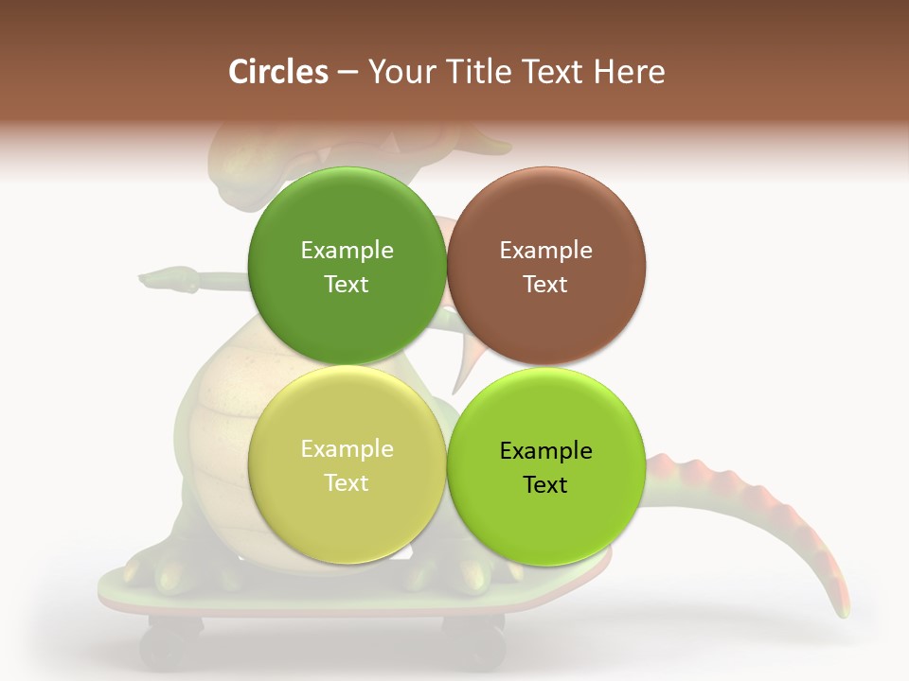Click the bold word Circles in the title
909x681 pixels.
(x=278, y=72)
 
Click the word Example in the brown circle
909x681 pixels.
(x=545, y=250)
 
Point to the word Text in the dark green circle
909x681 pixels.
(x=347, y=284)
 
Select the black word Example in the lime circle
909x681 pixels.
(x=545, y=450)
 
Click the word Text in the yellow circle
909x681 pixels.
(x=347, y=482)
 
